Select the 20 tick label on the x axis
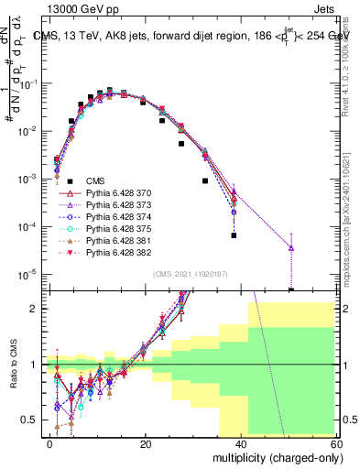147,443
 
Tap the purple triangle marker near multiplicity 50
290,247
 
